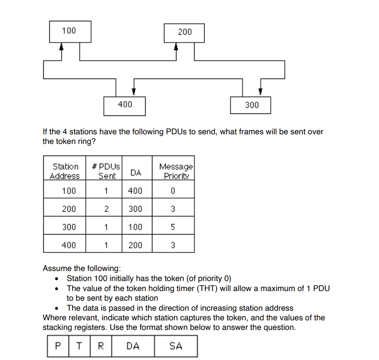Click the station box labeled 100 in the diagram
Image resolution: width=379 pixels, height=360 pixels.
pos(70,31)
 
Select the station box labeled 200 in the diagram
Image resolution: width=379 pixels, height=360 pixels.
pos(184,32)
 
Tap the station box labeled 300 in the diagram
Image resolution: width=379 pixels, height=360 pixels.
pos(251,105)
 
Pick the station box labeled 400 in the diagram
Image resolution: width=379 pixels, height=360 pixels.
pos(124,105)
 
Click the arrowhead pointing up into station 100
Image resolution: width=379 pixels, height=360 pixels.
pos(61,47)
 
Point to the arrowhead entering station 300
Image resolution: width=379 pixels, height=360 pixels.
pos(260,92)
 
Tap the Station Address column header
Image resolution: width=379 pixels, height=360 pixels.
pos(65,171)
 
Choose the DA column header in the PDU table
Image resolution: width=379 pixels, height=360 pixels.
pos(136,172)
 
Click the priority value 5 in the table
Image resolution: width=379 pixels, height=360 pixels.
pos(173,227)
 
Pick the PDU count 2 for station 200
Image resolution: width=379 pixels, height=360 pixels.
pos(106,209)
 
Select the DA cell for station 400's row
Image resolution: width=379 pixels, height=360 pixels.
pos(135,245)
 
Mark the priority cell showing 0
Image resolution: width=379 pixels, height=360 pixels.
pos(173,191)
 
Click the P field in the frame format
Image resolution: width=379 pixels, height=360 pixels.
pos(59,346)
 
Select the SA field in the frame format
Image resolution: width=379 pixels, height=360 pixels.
pos(176,346)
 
